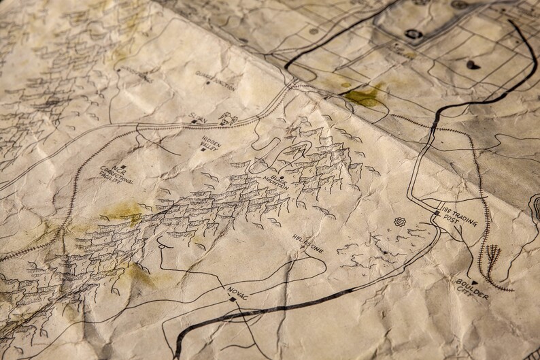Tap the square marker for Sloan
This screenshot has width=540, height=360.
[193, 122]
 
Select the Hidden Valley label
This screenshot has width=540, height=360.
[209, 142]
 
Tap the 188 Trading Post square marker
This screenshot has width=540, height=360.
[437, 213]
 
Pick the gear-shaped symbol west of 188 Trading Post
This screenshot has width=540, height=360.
[399, 223]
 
